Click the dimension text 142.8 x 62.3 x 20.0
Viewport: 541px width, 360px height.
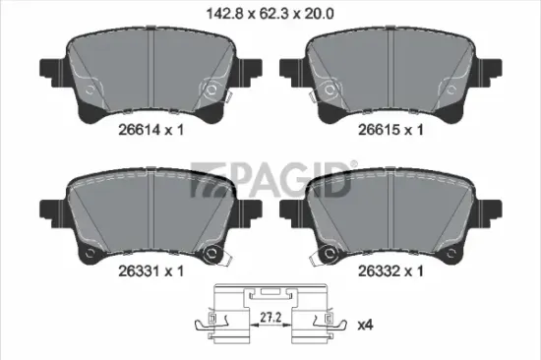(270, 14)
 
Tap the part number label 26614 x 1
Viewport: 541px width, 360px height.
(150, 130)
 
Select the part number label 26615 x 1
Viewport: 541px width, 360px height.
(391, 130)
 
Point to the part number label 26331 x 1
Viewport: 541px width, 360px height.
(150, 270)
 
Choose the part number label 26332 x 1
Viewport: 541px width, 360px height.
(391, 270)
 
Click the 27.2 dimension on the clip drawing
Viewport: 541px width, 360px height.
(270, 318)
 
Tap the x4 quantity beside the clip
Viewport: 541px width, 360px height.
(365, 325)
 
